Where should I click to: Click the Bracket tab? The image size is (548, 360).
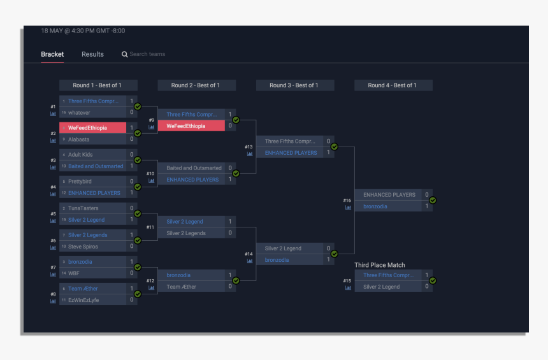tap(52, 54)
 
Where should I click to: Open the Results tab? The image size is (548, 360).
tap(92, 54)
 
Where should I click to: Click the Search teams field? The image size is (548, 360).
tap(147, 54)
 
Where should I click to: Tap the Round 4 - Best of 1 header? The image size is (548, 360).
tap(393, 85)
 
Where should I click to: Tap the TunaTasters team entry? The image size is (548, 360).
tap(83, 208)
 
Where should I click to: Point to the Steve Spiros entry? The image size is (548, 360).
tap(83, 247)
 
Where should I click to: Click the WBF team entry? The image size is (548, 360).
tap(74, 273)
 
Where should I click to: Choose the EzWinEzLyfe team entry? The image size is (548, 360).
tap(83, 300)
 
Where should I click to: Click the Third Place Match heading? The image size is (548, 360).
tap(379, 265)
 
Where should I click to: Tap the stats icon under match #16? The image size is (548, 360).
tap(348, 207)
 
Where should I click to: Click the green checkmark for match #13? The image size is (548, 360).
tap(334, 147)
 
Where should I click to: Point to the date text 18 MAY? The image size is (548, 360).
tap(52, 31)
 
